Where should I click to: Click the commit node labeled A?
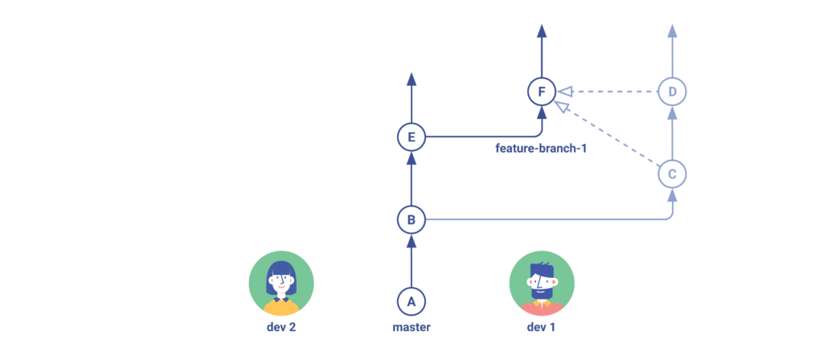tap(411, 301)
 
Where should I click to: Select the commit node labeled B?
tap(411, 219)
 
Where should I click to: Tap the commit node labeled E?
tap(411, 137)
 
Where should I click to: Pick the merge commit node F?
tap(542, 92)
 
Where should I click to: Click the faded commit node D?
tap(672, 92)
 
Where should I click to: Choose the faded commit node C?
tap(672, 173)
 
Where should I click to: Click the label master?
tap(411, 327)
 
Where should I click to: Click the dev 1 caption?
tap(542, 327)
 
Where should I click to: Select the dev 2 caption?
tap(281, 327)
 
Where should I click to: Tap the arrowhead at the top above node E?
tap(411, 79)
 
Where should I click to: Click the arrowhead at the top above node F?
tap(542, 31)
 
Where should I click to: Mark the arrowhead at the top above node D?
tap(672, 31)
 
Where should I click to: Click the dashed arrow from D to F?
tap(611, 92)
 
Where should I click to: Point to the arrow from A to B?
tap(411, 261)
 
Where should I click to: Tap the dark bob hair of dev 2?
tap(281, 271)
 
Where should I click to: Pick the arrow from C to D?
tap(672, 133)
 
